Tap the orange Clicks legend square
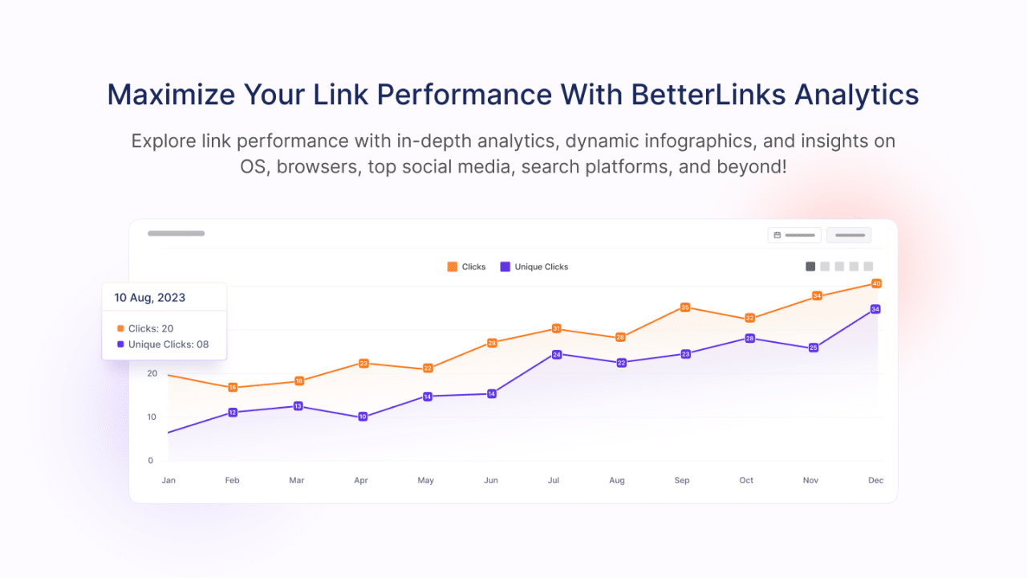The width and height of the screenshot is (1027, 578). point(453,267)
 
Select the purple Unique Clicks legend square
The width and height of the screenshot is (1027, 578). point(505,267)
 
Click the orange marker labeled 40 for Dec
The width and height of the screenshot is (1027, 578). point(876,283)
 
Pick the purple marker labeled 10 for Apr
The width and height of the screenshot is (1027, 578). point(363,417)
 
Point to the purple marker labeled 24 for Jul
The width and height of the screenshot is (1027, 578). point(556,354)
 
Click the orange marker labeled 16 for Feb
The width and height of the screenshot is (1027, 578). point(233,388)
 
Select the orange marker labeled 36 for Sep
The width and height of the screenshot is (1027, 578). point(685,307)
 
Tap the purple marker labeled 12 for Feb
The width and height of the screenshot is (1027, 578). point(233,413)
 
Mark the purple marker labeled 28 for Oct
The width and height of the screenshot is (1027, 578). point(749,339)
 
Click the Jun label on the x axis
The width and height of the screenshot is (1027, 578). point(491,480)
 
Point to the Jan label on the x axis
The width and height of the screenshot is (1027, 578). point(168,480)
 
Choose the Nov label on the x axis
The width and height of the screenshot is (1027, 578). point(811,480)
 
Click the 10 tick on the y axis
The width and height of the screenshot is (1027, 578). point(151,417)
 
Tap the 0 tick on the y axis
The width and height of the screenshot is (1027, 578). point(151,461)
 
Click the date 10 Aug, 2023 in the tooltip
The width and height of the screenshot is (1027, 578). point(149,298)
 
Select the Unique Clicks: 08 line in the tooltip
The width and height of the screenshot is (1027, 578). point(168,344)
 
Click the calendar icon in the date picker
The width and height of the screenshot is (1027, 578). point(777,235)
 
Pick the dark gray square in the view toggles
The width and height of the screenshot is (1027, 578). point(810,267)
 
